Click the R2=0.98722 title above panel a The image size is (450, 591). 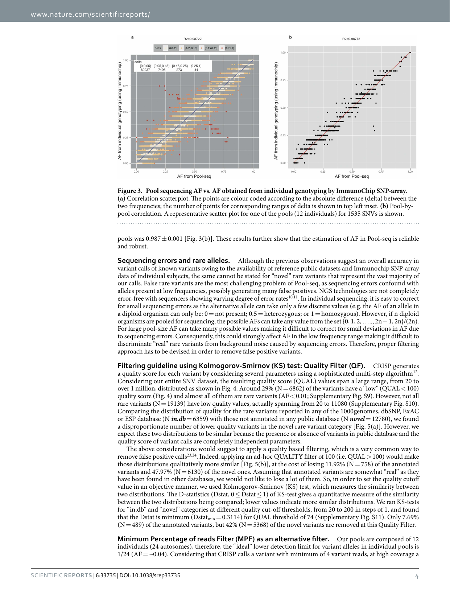click(x=192, y=39)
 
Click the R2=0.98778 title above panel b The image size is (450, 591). click(x=351, y=39)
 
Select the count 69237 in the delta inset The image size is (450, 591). click(x=145, y=70)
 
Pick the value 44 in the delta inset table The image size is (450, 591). click(x=196, y=70)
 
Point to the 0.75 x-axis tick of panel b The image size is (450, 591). click(x=381, y=171)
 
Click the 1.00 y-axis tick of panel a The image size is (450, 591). click(x=125, y=61)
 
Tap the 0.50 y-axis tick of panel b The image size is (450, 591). click(x=283, y=108)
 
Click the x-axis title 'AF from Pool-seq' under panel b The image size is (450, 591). click(x=351, y=177)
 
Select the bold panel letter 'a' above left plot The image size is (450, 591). click(x=132, y=37)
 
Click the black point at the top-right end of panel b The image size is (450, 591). click(x=410, y=53)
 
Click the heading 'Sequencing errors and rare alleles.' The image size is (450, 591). click(x=174, y=260)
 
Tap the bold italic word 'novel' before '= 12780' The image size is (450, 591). click(x=357, y=419)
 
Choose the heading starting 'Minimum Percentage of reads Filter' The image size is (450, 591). click(x=223, y=539)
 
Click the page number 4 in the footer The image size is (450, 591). click(x=417, y=576)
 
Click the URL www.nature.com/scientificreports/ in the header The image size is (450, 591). click(x=90, y=15)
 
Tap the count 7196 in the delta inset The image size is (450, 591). click(x=162, y=70)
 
